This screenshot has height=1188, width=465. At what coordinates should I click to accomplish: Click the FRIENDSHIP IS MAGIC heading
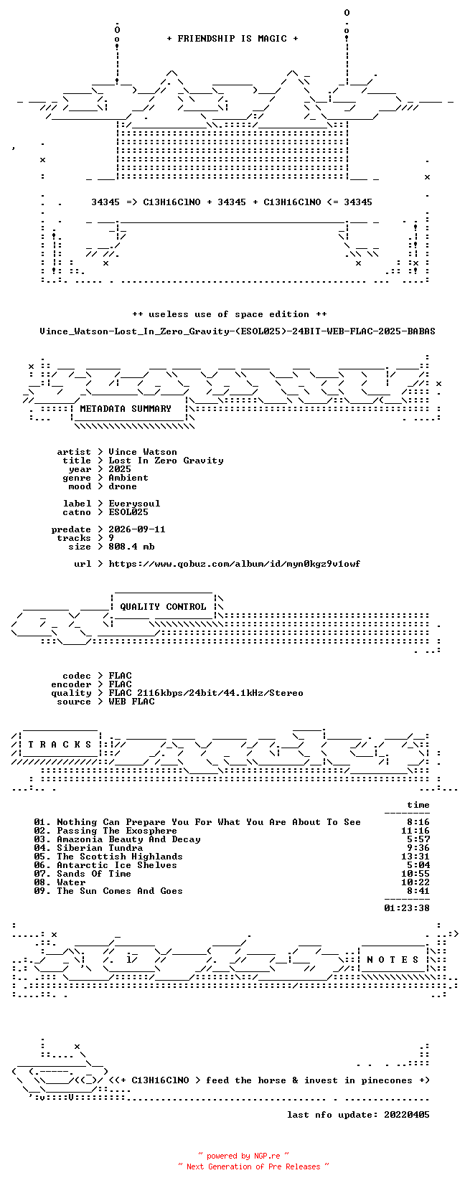(232, 39)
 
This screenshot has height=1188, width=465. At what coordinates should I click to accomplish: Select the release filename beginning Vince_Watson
(238, 331)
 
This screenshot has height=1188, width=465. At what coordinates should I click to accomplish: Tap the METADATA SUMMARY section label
(126, 409)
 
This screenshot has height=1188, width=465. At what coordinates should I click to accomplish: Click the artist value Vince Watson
(143, 452)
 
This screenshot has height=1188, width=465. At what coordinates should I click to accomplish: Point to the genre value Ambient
(128, 478)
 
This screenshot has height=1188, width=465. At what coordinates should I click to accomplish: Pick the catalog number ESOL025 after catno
(128, 512)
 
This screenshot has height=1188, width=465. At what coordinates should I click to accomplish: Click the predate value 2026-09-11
(137, 529)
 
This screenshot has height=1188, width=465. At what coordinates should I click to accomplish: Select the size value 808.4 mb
(131, 547)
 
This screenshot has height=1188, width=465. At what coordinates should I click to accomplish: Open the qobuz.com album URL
(235, 564)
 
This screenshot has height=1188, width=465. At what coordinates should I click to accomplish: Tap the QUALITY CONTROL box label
(163, 607)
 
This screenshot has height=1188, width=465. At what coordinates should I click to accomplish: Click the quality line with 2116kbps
(206, 693)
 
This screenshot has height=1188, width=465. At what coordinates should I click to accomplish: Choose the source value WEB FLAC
(131, 702)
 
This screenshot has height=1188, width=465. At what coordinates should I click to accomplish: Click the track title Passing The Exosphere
(117, 831)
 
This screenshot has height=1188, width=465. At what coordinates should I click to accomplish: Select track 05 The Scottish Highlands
(108, 857)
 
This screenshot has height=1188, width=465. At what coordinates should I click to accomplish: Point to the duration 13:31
(415, 857)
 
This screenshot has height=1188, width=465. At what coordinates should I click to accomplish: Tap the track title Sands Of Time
(94, 874)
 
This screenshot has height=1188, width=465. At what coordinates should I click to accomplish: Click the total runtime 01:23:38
(407, 908)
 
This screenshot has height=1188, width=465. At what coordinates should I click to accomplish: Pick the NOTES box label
(393, 960)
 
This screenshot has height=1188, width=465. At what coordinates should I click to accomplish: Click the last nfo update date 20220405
(407, 1115)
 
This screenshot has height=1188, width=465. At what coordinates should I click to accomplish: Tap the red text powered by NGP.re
(243, 1156)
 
